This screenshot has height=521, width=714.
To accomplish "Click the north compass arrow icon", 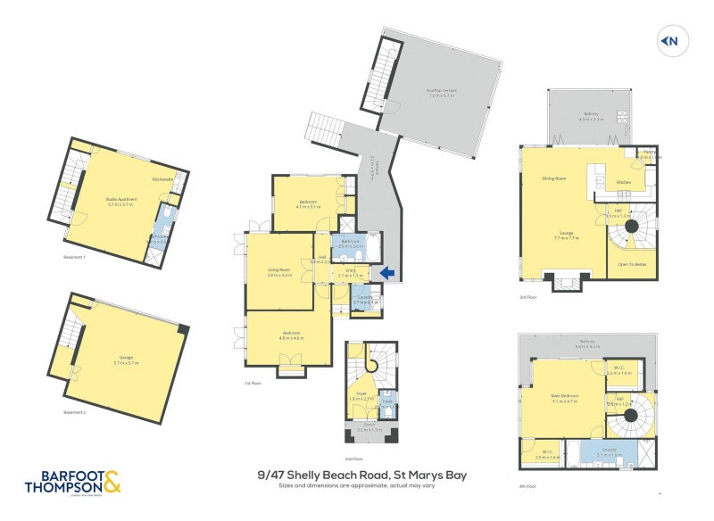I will point(669,40).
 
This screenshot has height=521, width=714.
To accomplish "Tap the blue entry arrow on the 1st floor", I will point(386,273).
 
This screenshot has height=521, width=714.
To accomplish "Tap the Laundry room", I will point(365,300).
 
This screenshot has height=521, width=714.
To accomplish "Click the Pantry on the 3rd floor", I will point(649,153).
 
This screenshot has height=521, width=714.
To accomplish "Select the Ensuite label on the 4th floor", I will point(610,451).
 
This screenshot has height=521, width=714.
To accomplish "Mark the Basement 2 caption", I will point(74,414).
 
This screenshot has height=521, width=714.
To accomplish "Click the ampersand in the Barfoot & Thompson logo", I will point(112,484).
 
